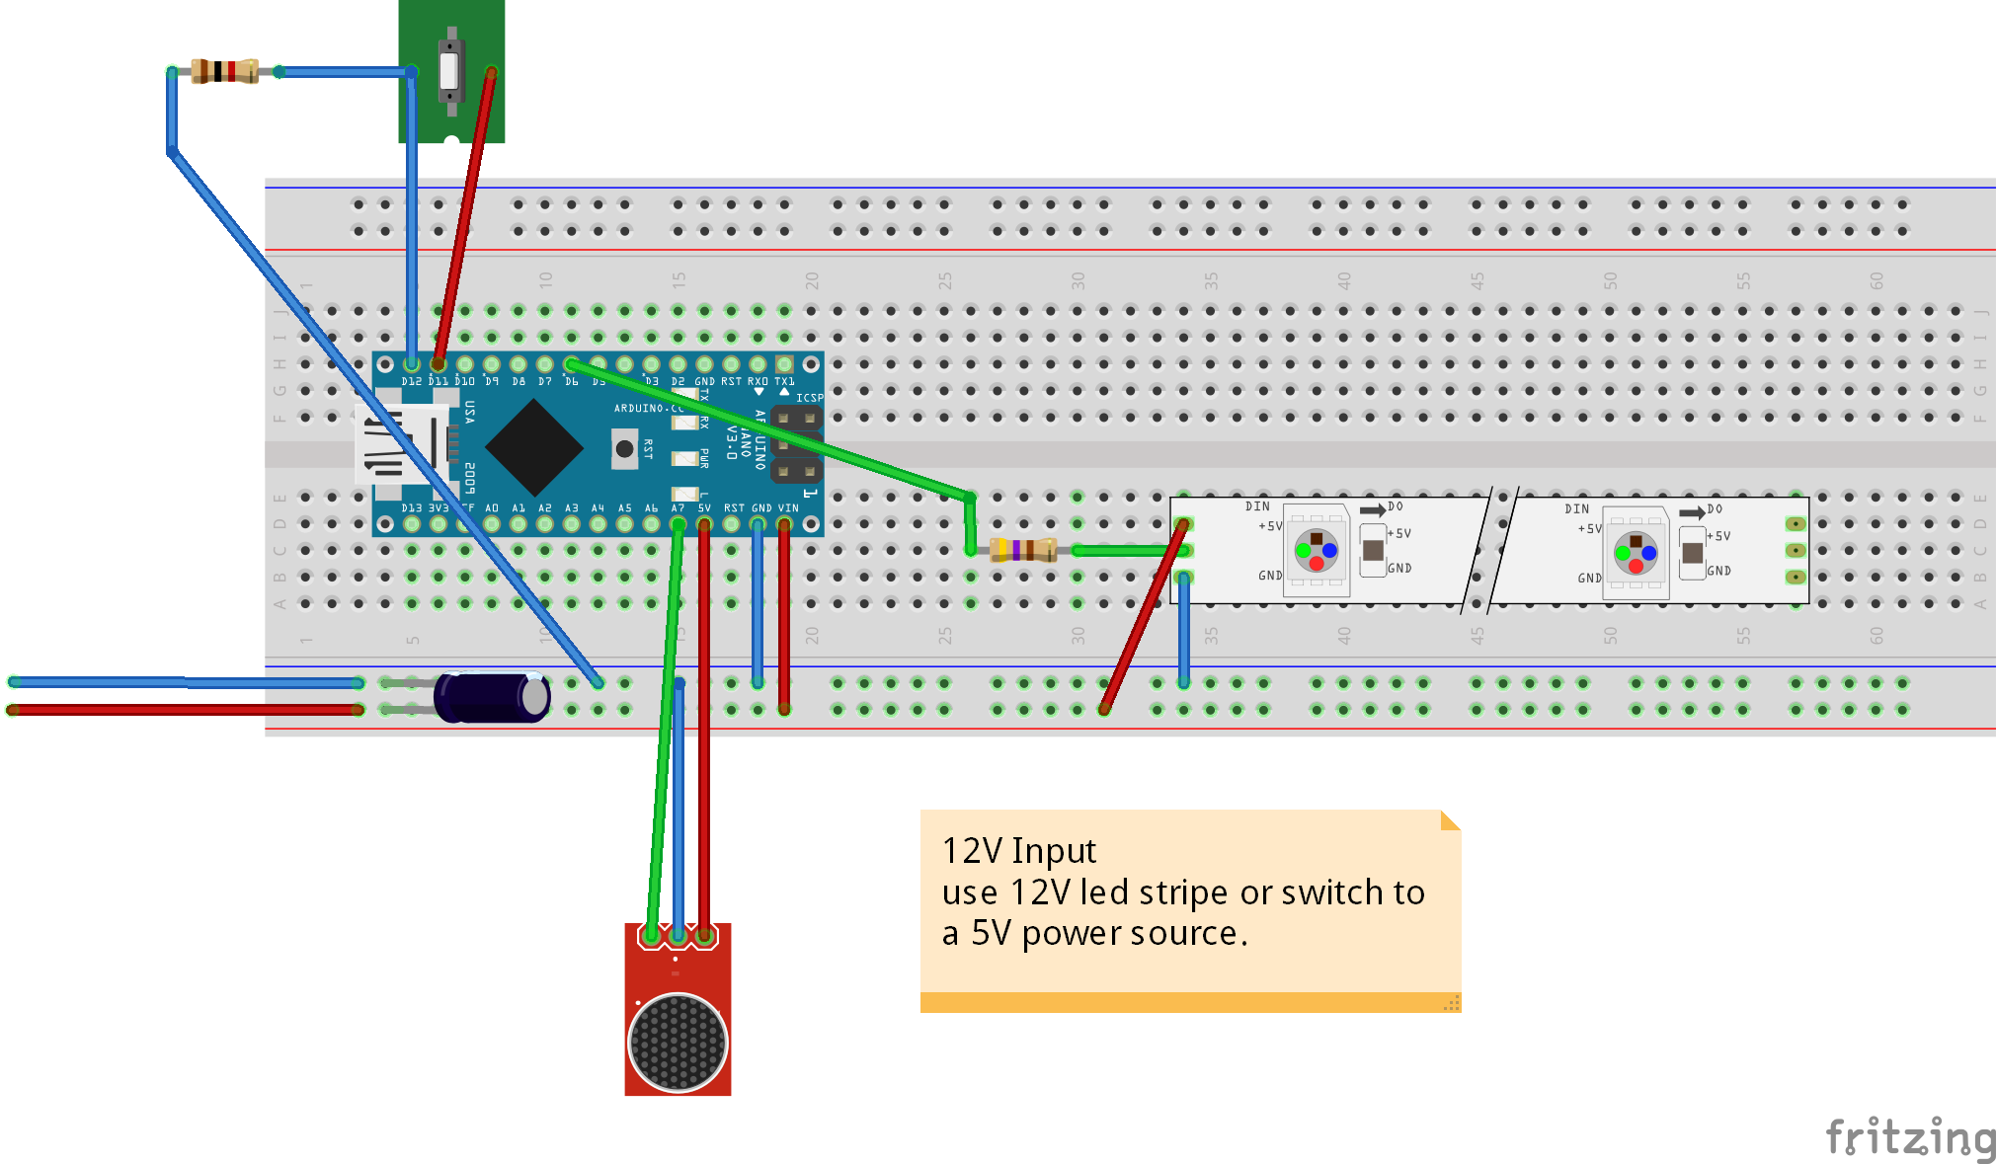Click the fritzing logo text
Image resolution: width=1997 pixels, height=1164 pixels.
[x=1910, y=1137]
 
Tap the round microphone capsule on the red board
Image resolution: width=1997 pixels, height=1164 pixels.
[x=678, y=1043]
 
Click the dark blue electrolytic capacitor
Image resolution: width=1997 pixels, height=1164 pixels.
[x=491, y=697]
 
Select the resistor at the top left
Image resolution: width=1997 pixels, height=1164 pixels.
[x=225, y=71]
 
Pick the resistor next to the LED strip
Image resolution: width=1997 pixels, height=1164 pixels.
[x=1023, y=550]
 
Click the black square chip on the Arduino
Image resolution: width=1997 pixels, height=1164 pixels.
[x=534, y=448]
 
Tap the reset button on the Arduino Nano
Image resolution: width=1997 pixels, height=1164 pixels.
[x=624, y=449]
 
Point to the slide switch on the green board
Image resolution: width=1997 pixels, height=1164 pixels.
[x=450, y=69]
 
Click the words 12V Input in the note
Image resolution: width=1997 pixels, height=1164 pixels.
[x=1018, y=851]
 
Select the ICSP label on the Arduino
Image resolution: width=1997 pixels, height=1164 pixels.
[x=809, y=398]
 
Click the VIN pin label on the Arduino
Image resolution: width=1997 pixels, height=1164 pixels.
[x=787, y=508]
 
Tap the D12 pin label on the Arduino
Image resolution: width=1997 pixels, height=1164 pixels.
[x=411, y=381]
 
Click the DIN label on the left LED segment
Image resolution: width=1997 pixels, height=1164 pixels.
[x=1256, y=506]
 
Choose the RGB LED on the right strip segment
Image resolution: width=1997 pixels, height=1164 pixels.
[x=1636, y=553]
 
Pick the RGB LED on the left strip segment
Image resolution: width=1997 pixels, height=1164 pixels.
[x=1316, y=551]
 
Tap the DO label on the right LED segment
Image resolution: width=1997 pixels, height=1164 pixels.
[x=1715, y=509]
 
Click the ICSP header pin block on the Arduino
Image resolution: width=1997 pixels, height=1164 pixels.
[x=796, y=444]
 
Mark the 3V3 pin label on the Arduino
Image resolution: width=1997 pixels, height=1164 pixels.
[x=438, y=508]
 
